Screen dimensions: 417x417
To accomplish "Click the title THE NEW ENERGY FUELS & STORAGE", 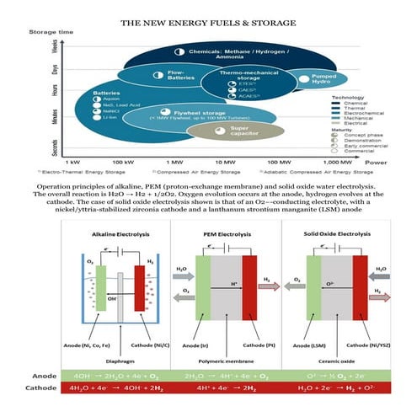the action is pyautogui.click(x=208, y=22).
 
